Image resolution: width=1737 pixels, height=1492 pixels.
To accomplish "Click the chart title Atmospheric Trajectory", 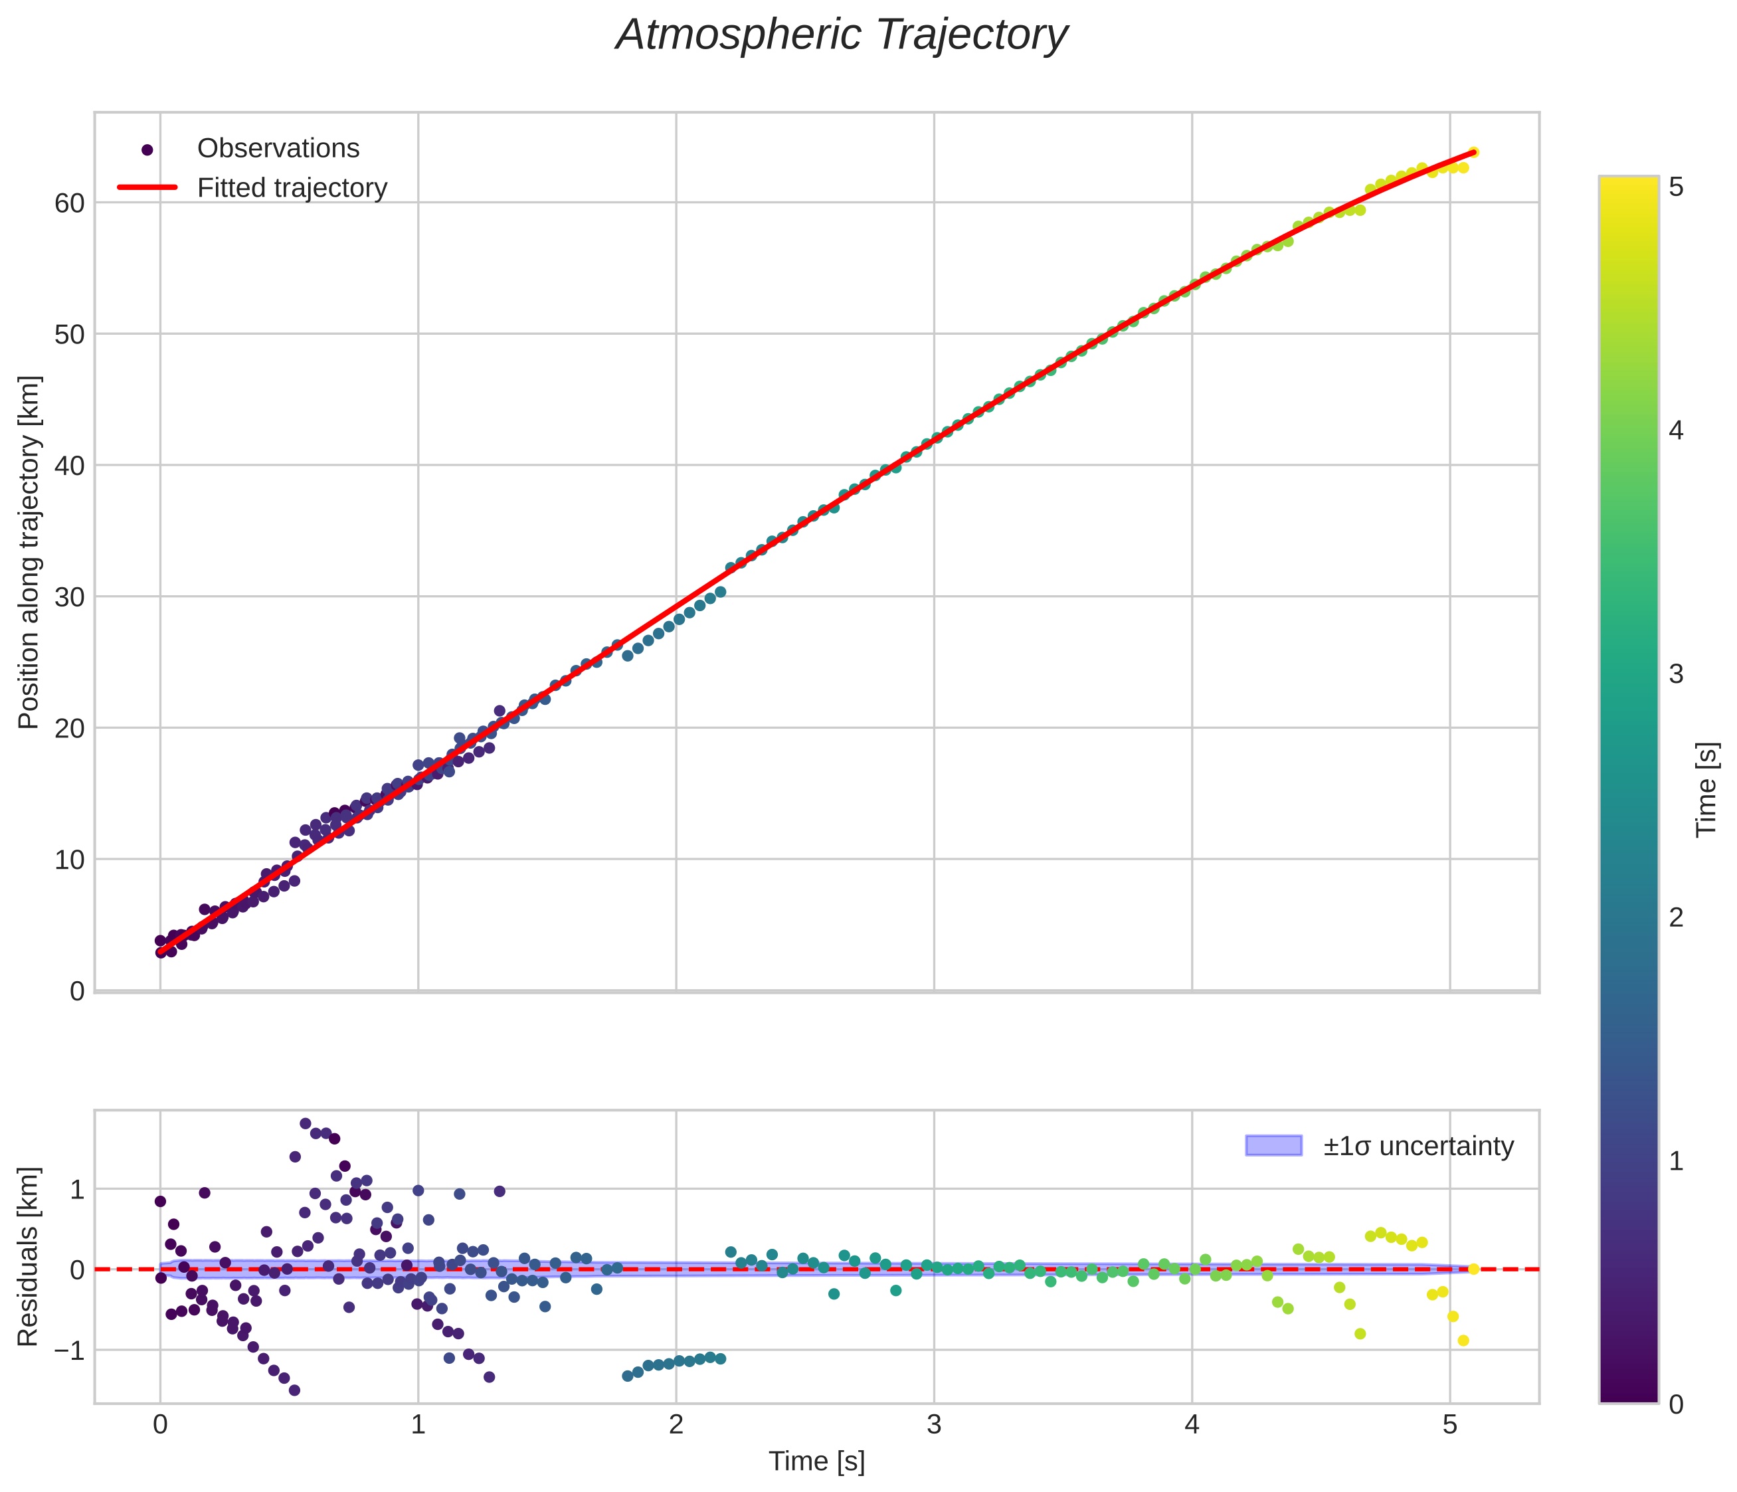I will (x=841, y=35).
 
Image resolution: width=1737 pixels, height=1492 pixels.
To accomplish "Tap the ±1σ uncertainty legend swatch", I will (x=1273, y=1145).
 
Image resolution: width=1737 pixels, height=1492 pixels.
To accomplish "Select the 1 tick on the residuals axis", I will (x=76, y=1189).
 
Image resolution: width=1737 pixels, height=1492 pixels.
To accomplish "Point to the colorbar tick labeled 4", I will (x=1676, y=431).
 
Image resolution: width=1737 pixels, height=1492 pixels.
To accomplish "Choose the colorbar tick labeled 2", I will (x=1676, y=918).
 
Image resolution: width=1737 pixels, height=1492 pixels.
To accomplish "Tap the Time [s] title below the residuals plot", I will (x=816, y=1461).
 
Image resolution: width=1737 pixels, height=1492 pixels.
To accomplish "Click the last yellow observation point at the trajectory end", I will (x=1473, y=153).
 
